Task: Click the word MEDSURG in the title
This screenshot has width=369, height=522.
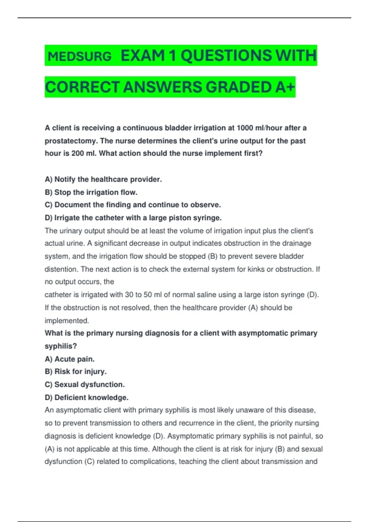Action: pos(80,56)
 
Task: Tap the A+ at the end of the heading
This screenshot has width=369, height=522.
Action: pos(285,87)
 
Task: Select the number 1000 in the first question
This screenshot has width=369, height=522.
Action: pos(245,128)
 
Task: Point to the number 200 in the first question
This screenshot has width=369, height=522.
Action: pos(77,154)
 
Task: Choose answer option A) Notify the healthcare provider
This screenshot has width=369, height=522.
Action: pos(103,179)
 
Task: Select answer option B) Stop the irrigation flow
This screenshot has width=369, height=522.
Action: pos(91,192)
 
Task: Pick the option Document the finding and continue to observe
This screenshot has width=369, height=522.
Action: pos(133,205)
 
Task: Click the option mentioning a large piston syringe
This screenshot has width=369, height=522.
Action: pos(133,218)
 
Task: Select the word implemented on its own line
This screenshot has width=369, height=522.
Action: pos(67,321)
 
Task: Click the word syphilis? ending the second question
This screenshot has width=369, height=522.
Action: pos(61,346)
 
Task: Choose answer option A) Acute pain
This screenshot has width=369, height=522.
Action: pos(69,359)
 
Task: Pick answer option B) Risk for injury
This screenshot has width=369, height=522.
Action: pos(76,372)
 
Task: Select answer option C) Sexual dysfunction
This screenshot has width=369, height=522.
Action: pos(85,384)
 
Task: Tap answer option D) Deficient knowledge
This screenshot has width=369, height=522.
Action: pos(86,397)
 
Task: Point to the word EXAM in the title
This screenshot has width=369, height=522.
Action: pos(143,56)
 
